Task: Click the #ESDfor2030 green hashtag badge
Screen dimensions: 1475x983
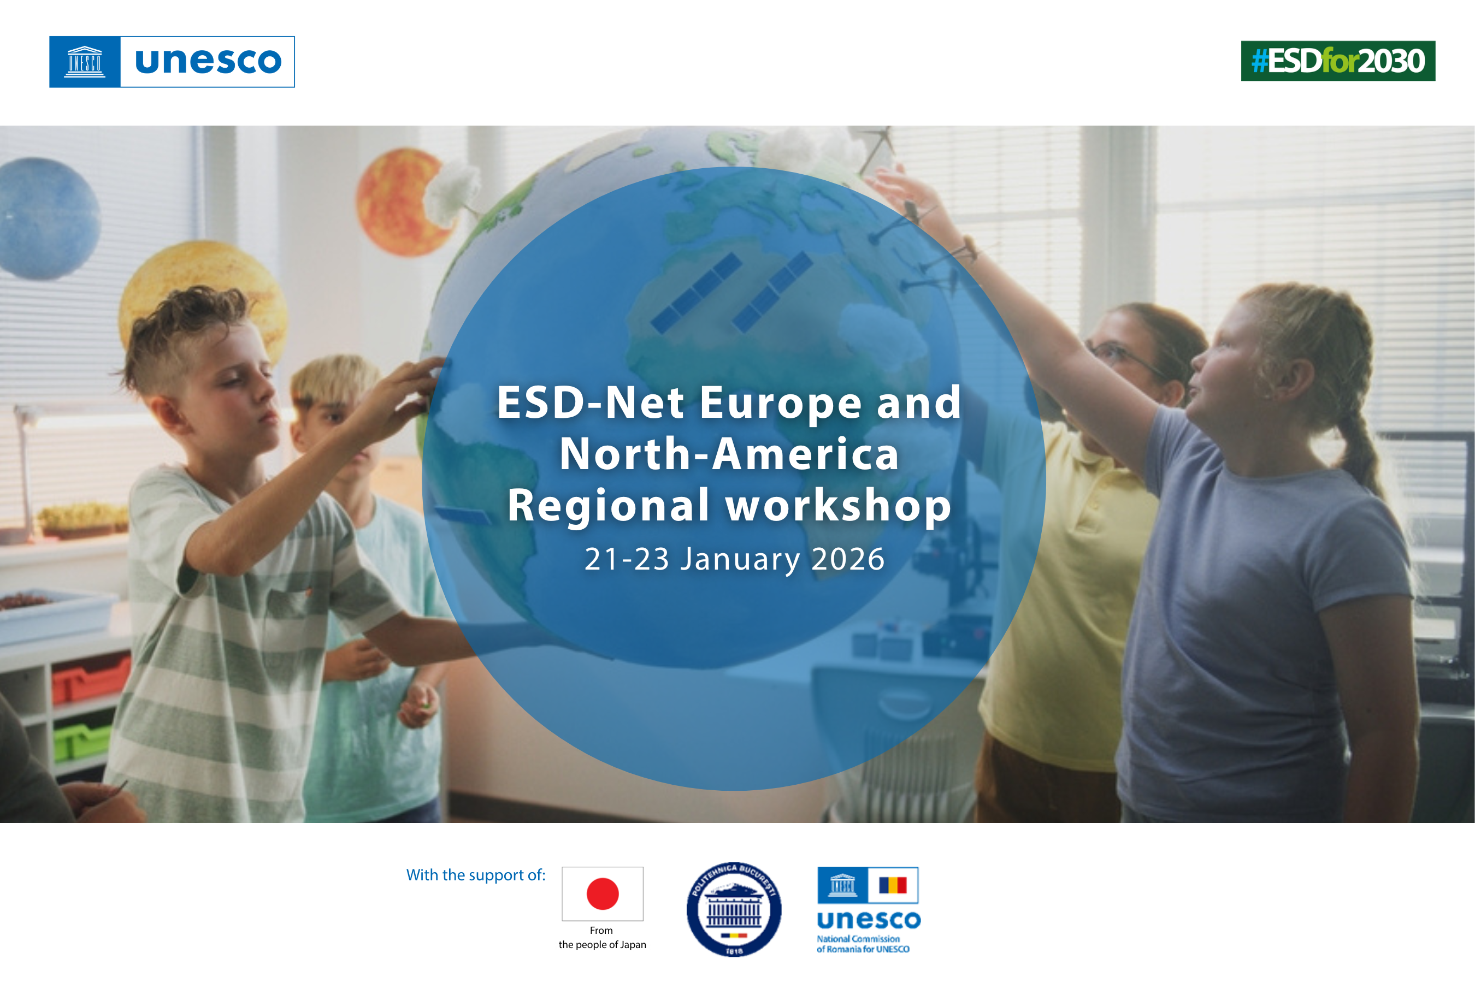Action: point(1338,61)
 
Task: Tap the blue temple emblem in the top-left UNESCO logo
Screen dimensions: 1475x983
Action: point(85,61)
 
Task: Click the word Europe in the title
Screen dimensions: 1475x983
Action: point(780,402)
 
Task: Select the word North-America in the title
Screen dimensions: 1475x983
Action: point(729,453)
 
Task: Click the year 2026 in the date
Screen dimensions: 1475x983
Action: point(848,559)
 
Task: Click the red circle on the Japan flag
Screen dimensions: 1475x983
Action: point(603,893)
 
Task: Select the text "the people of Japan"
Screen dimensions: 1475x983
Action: point(602,945)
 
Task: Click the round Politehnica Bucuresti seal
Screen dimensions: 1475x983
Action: point(734,909)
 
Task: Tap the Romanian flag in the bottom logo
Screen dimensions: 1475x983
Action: point(893,885)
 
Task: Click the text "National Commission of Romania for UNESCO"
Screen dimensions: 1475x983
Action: point(863,944)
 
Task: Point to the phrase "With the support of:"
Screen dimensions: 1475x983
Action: point(476,875)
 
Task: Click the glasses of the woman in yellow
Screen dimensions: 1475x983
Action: point(1123,357)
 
